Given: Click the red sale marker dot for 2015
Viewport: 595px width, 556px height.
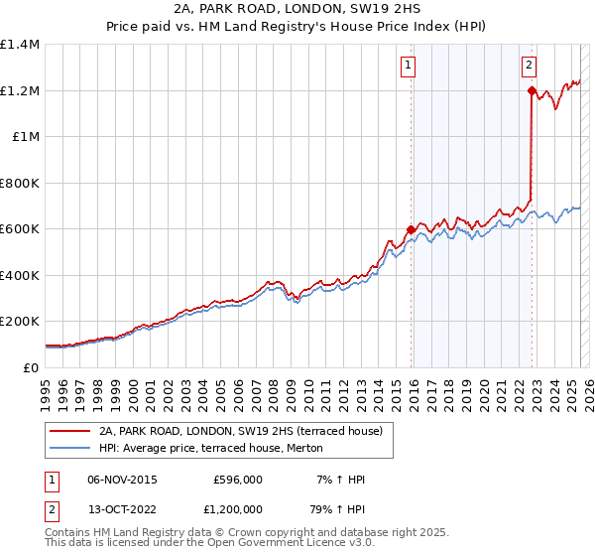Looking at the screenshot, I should coord(411,230).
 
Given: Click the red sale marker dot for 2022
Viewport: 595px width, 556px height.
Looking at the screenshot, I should coord(532,91).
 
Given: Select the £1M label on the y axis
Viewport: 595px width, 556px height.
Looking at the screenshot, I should coord(26,137).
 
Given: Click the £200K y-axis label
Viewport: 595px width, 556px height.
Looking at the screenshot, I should coord(20,322).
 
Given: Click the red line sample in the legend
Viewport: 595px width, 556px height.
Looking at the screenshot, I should coord(69,430).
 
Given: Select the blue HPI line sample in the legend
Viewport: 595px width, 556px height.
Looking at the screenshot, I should coord(69,448).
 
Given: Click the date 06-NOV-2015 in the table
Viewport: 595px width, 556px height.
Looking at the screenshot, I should coord(122,480).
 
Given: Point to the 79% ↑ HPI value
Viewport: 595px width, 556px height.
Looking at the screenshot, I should coord(340,511).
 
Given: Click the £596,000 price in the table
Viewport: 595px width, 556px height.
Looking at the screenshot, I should coord(238,480).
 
